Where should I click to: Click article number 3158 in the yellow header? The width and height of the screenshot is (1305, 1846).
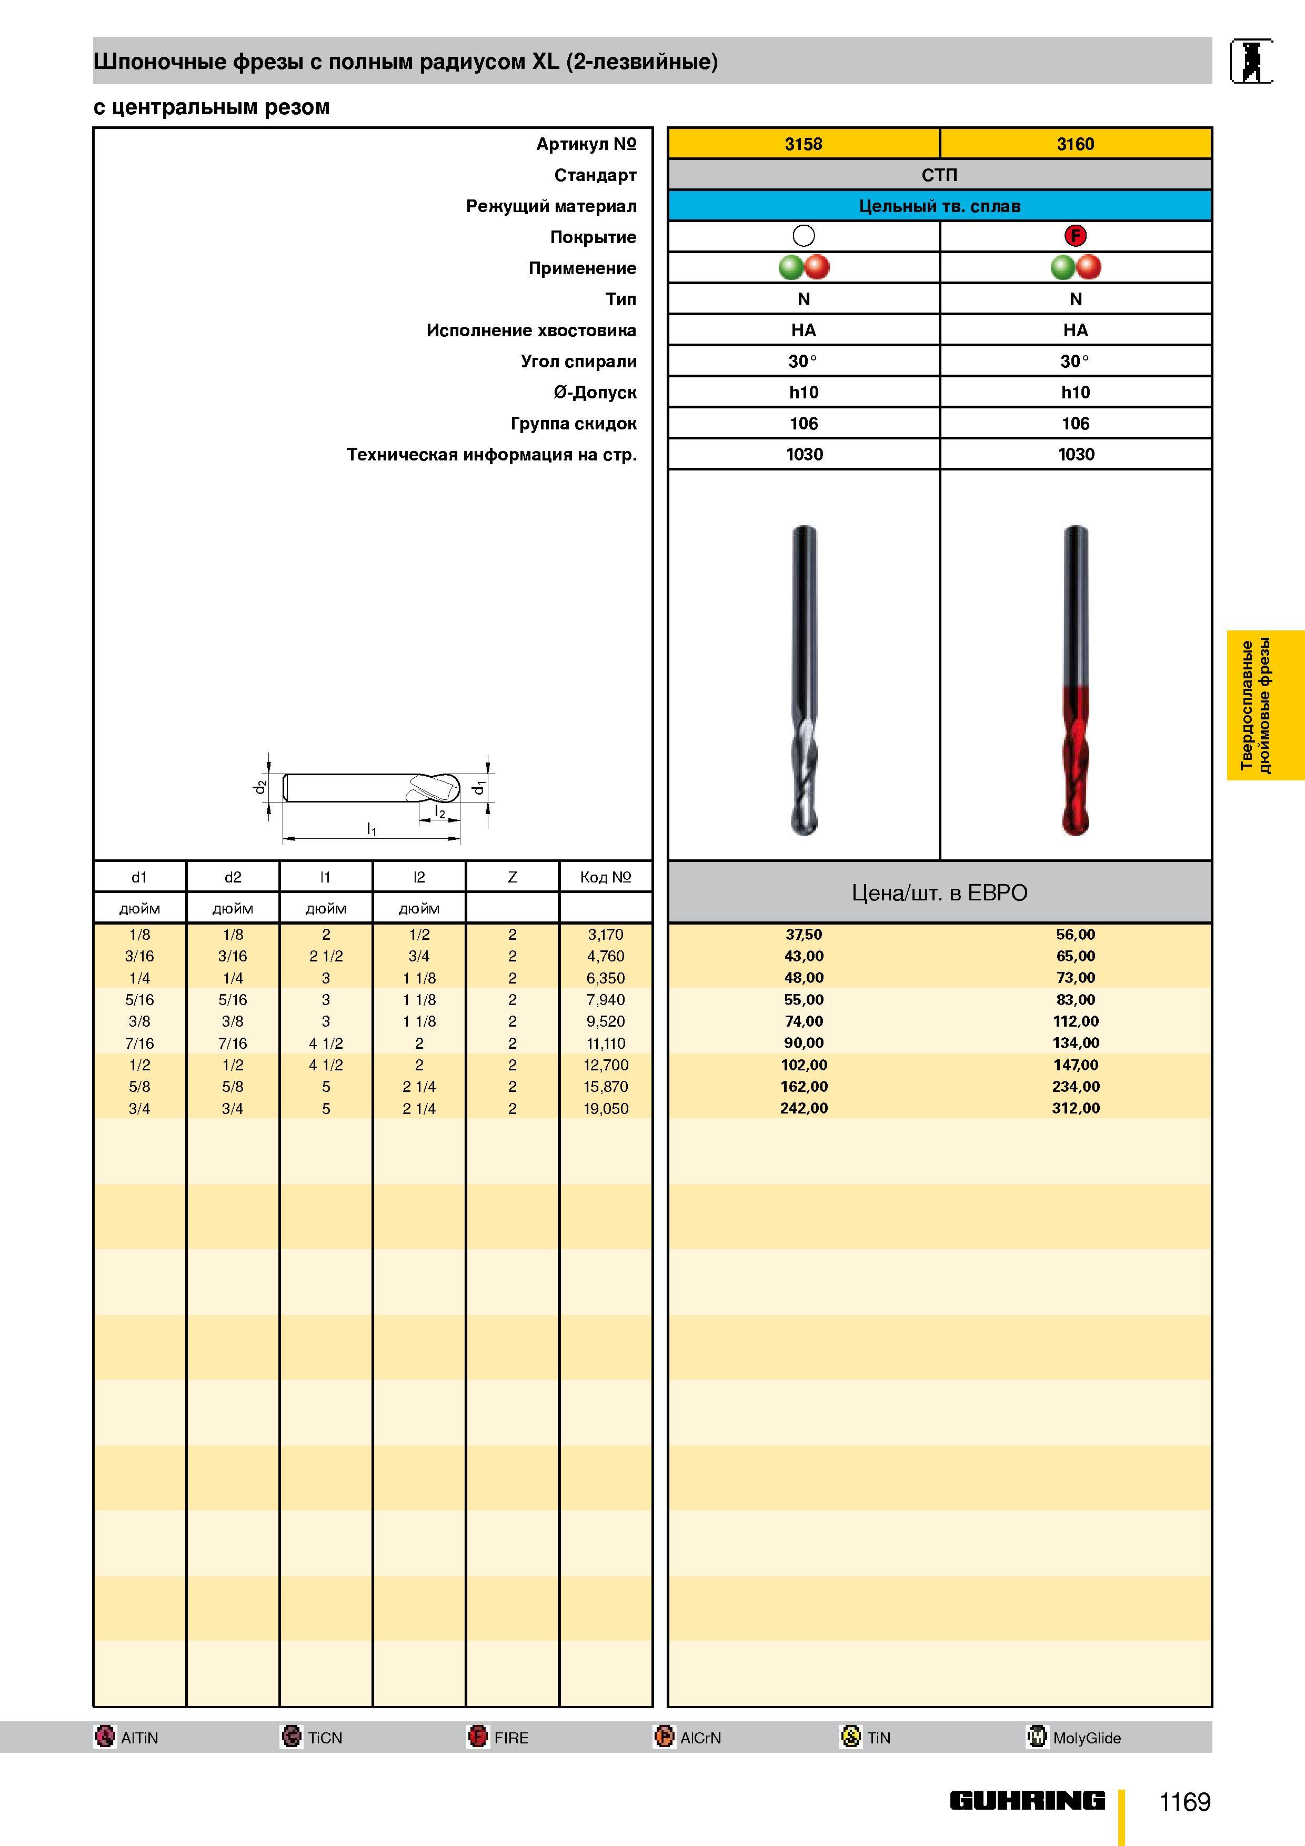804,144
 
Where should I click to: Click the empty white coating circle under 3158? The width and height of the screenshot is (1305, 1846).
804,236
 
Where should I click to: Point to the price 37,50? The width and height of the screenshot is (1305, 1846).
804,934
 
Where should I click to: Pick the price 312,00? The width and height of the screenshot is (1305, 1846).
1076,1108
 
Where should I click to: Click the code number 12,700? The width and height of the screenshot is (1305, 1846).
606,1065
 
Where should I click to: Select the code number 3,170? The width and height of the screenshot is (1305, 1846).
606,934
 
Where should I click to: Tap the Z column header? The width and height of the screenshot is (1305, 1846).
512,877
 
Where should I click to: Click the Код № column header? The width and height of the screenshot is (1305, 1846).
606,877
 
